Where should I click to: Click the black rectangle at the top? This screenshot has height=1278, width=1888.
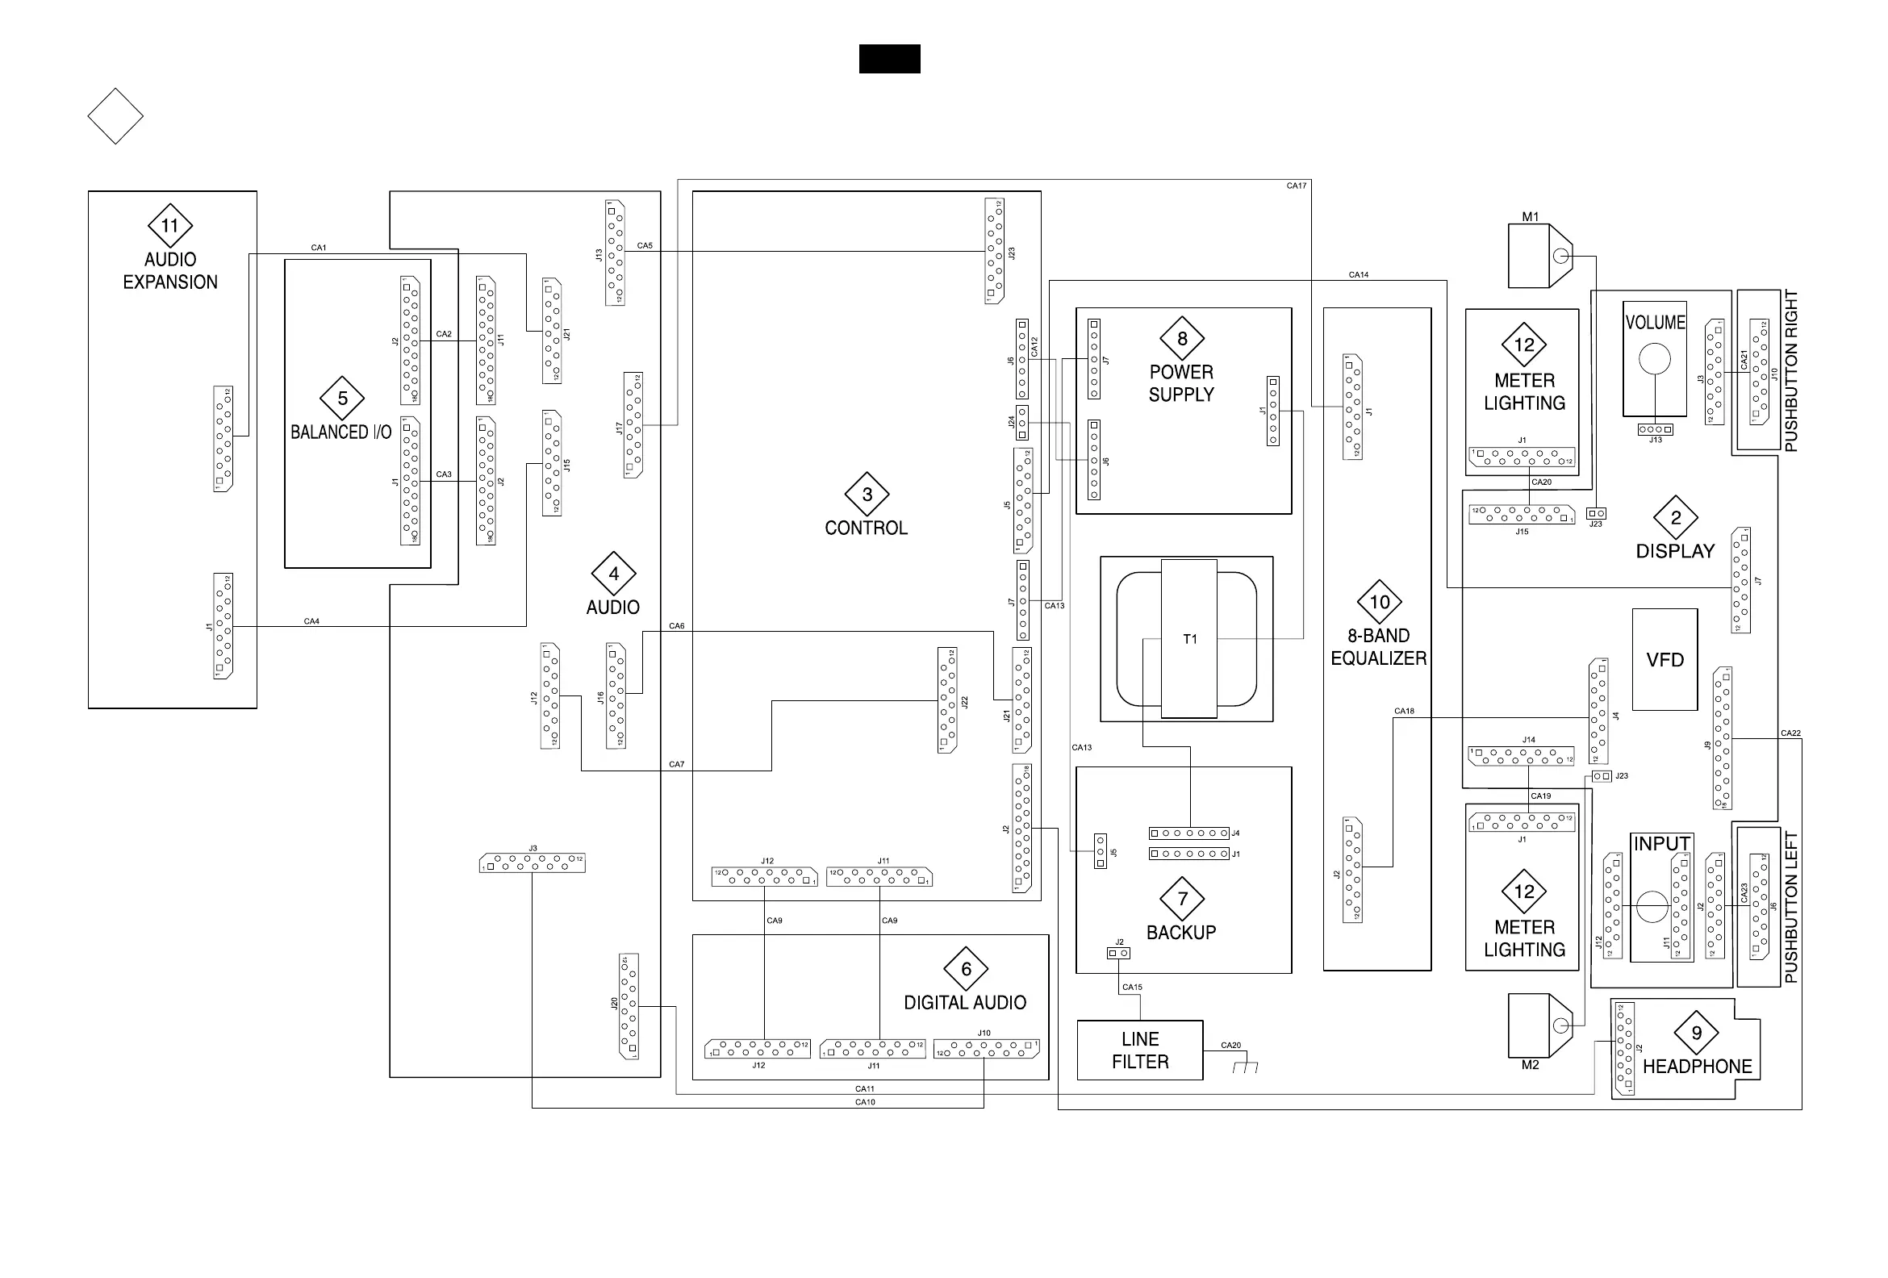(890, 59)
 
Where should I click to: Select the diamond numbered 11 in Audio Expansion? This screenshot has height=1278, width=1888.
(169, 226)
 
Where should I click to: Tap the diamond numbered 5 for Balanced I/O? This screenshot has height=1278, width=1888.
(342, 398)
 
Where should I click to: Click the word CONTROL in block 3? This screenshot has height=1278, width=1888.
(866, 528)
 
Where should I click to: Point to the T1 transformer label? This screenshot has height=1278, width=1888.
(1190, 640)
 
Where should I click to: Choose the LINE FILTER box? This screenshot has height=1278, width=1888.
(1140, 1050)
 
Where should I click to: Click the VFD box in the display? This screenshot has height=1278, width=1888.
(1665, 660)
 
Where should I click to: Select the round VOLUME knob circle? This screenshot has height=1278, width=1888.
(1655, 358)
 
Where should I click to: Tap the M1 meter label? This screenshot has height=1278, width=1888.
(1531, 217)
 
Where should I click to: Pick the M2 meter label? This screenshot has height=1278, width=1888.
(1531, 1065)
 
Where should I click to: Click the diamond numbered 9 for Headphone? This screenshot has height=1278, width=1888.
(1696, 1033)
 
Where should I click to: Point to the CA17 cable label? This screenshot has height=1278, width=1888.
(1297, 186)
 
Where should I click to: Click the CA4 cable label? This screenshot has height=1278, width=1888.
(311, 621)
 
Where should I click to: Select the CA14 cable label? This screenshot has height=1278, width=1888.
(1359, 275)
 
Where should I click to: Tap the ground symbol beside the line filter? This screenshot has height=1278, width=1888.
(1245, 1067)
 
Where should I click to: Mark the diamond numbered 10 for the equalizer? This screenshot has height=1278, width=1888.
(1380, 602)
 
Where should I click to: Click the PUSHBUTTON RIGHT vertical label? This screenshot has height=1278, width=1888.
(1791, 370)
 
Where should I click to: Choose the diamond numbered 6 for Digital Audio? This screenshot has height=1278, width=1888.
(966, 968)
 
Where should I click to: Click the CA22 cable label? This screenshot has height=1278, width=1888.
(1790, 733)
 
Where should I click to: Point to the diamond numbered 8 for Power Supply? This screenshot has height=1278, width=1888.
(1182, 339)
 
